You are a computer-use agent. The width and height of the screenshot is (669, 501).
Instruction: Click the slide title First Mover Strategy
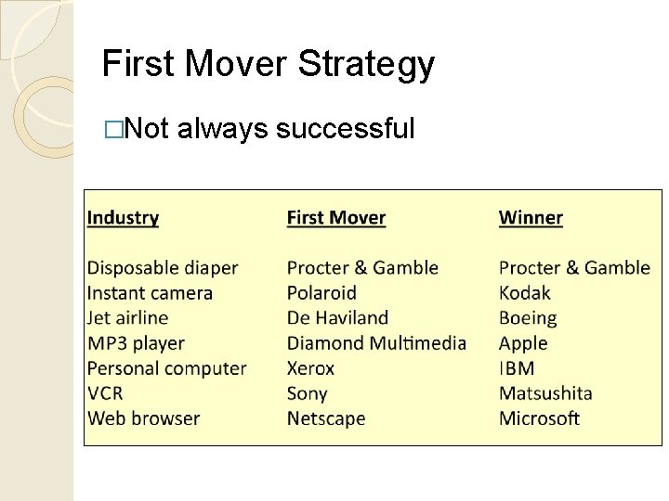[x=268, y=64]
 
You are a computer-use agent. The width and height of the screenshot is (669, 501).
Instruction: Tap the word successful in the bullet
[x=345, y=128]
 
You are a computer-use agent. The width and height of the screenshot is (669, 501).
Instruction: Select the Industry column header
[x=123, y=218]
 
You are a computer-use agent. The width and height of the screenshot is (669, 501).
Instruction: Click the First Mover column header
[x=335, y=218]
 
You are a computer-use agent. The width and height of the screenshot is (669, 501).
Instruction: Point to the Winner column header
[x=531, y=218]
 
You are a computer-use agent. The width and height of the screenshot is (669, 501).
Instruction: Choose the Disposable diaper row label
[x=163, y=268]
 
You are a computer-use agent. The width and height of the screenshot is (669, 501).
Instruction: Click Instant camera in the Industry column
[x=150, y=293]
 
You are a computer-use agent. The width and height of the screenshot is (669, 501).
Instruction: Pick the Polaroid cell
[x=321, y=293]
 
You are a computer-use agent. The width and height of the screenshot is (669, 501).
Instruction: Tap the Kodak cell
[x=525, y=293]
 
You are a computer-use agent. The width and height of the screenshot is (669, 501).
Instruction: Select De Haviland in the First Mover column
[x=337, y=318]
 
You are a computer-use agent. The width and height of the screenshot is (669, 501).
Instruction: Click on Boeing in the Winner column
[x=528, y=318]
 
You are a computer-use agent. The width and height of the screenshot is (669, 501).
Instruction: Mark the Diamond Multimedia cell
[x=376, y=343]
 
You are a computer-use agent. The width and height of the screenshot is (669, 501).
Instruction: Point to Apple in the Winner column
[x=523, y=343]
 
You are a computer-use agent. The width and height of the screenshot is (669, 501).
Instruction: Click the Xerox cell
[x=310, y=368]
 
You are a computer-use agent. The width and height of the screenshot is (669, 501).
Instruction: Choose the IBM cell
[x=517, y=368]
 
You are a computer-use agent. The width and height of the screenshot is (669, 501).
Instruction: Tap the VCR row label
[x=105, y=393]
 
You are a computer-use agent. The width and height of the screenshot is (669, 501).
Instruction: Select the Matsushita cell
[x=545, y=393]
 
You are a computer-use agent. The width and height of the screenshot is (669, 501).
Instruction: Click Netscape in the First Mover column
[x=326, y=418]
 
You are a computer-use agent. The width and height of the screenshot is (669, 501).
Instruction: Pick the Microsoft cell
[x=539, y=418]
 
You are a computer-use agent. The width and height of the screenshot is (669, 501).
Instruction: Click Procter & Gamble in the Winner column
[x=574, y=268]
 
